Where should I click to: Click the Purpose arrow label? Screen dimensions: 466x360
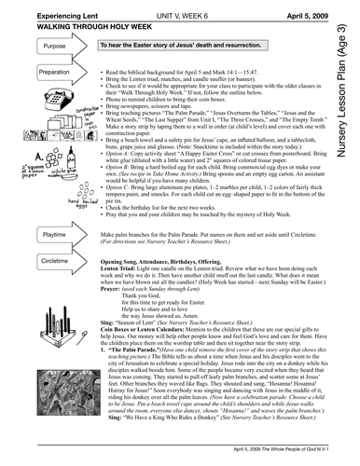tap(30, 45)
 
